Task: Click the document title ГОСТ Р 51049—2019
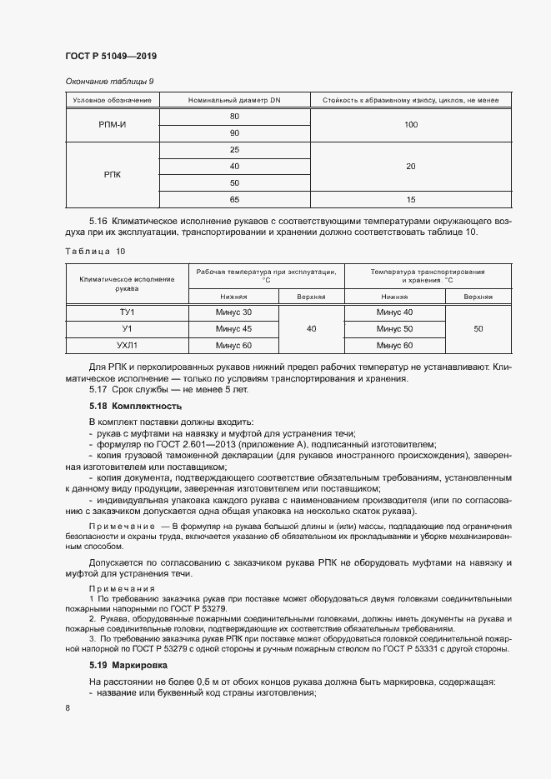point(110,55)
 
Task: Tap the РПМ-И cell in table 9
point(112,124)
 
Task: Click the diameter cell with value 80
point(234,116)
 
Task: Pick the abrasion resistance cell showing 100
point(410,124)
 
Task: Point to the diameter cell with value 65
point(234,200)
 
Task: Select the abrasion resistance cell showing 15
point(410,200)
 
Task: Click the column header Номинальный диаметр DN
point(234,100)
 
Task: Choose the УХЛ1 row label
point(128,345)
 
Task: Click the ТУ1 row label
point(128,312)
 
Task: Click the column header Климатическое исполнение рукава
point(128,283)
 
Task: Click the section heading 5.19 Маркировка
point(128,666)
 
